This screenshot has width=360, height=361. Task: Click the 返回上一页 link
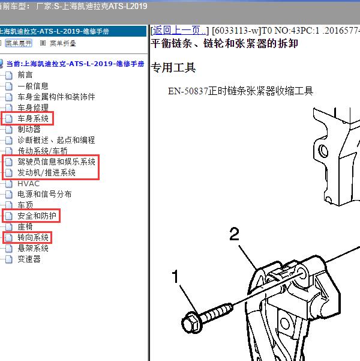(179, 31)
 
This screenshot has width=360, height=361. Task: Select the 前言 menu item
(25, 75)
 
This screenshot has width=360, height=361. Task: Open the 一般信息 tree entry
(33, 86)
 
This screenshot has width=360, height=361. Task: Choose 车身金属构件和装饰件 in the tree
(56, 97)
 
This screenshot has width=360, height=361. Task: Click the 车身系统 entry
(33, 118)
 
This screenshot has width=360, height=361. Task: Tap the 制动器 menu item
(29, 129)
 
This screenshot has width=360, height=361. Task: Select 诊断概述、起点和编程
(56, 140)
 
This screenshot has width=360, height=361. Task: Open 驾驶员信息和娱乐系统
(56, 162)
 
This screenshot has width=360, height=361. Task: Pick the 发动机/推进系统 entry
(46, 172)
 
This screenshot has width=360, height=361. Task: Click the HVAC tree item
(29, 183)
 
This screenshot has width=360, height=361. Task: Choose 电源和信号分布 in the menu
(44, 194)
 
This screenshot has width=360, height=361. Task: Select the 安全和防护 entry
(37, 216)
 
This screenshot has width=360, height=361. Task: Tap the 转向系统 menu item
(33, 237)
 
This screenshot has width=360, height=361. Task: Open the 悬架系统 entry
(33, 248)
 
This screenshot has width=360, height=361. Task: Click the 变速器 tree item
(29, 259)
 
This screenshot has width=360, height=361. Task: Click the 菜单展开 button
(19, 43)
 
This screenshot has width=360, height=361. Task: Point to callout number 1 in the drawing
(175, 276)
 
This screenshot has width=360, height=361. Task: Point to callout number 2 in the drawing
(235, 234)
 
